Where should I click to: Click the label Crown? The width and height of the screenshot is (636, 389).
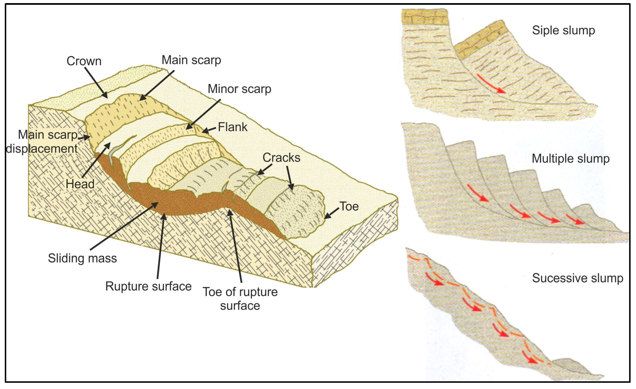84,61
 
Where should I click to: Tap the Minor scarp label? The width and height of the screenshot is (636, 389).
239,89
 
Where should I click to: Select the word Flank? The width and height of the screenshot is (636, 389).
232,127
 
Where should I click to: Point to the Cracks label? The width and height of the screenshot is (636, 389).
281,158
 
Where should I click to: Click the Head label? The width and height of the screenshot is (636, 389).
80,184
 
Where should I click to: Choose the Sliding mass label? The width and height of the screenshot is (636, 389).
82,258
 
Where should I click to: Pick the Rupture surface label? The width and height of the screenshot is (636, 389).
148,286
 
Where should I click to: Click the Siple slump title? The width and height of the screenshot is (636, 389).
563,30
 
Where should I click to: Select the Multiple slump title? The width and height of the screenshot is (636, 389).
570,158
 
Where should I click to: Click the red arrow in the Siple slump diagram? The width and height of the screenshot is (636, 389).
490,84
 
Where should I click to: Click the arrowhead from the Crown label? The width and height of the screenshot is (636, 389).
106,97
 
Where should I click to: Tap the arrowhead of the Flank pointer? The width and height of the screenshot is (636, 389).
204,131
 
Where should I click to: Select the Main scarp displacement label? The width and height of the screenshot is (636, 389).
42,142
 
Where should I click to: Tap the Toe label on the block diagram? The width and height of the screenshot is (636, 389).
349,206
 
